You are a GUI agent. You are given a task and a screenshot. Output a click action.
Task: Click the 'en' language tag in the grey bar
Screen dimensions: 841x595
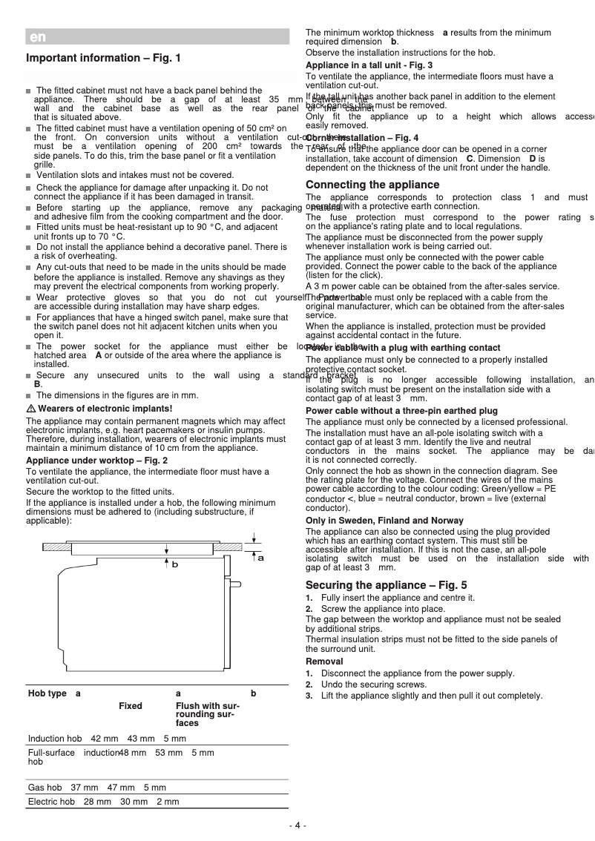37,37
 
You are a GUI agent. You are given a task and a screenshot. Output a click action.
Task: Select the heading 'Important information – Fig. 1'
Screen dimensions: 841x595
103,58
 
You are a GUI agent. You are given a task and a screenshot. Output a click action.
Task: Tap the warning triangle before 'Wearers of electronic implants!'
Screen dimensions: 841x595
31,409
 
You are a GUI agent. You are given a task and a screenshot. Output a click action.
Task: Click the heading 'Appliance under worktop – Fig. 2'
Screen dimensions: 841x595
96,461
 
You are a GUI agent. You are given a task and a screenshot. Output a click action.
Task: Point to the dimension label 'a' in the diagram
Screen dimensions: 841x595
260,558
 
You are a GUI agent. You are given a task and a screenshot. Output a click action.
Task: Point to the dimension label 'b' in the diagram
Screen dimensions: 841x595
174,564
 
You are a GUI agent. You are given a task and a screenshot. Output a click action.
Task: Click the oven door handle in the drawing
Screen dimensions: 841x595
235,584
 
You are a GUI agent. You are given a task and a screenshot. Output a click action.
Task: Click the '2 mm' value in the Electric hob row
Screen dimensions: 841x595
168,802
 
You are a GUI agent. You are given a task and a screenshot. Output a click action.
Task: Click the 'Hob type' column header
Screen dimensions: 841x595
47,693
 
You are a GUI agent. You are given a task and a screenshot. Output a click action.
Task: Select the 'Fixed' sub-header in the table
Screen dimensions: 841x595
131,706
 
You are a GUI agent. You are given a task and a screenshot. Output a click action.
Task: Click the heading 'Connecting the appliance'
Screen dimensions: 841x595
372,185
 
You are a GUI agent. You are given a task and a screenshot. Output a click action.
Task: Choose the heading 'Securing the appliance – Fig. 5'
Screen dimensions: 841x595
386,585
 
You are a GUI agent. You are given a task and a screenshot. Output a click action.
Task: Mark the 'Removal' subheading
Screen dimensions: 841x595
324,661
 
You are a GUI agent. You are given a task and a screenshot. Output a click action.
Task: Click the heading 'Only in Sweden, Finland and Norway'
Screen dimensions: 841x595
384,521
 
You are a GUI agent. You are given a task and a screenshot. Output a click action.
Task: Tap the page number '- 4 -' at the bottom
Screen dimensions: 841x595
297,825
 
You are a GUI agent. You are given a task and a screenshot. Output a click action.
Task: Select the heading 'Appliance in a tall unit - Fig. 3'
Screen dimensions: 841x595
369,65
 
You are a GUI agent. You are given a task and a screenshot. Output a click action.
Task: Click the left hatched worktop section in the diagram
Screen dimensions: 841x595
56,547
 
